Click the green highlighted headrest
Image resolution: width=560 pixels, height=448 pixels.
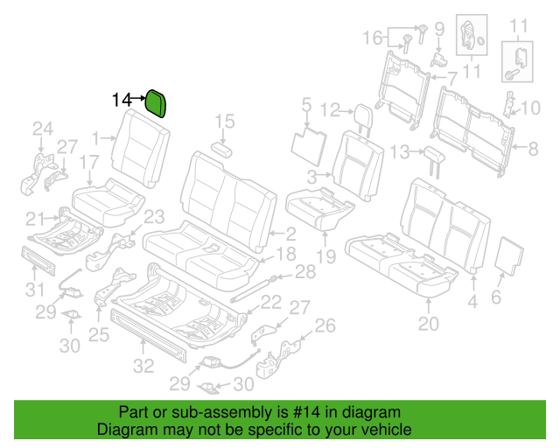pyautogui.click(x=156, y=103)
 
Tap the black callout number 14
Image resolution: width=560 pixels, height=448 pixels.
pyautogui.click(x=122, y=100)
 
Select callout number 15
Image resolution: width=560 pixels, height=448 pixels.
pyautogui.click(x=224, y=122)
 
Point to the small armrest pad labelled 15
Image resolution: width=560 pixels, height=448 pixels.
pyautogui.click(x=221, y=150)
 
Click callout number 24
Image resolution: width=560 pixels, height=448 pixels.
pyautogui.click(x=43, y=129)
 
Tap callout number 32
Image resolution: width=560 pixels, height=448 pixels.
pyautogui.click(x=143, y=366)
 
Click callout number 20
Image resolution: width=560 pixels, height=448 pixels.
pyautogui.click(x=428, y=324)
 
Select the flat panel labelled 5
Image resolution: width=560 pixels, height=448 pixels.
pyautogui.click(x=309, y=147)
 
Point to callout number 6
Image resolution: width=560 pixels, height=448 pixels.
pyautogui.click(x=496, y=297)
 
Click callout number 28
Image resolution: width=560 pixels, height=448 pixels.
pyautogui.click(x=305, y=272)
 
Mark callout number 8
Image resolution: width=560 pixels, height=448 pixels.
pyautogui.click(x=533, y=149)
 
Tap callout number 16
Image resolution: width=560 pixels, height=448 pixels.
pyautogui.click(x=373, y=38)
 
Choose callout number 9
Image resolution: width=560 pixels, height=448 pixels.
pyautogui.click(x=439, y=29)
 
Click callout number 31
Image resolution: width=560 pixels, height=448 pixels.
pyautogui.click(x=35, y=290)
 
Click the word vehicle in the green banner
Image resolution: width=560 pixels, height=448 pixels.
pyautogui.click(x=391, y=430)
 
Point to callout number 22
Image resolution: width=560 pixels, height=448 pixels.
pyautogui.click(x=271, y=302)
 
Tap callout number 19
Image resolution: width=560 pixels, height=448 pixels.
pyautogui.click(x=326, y=256)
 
